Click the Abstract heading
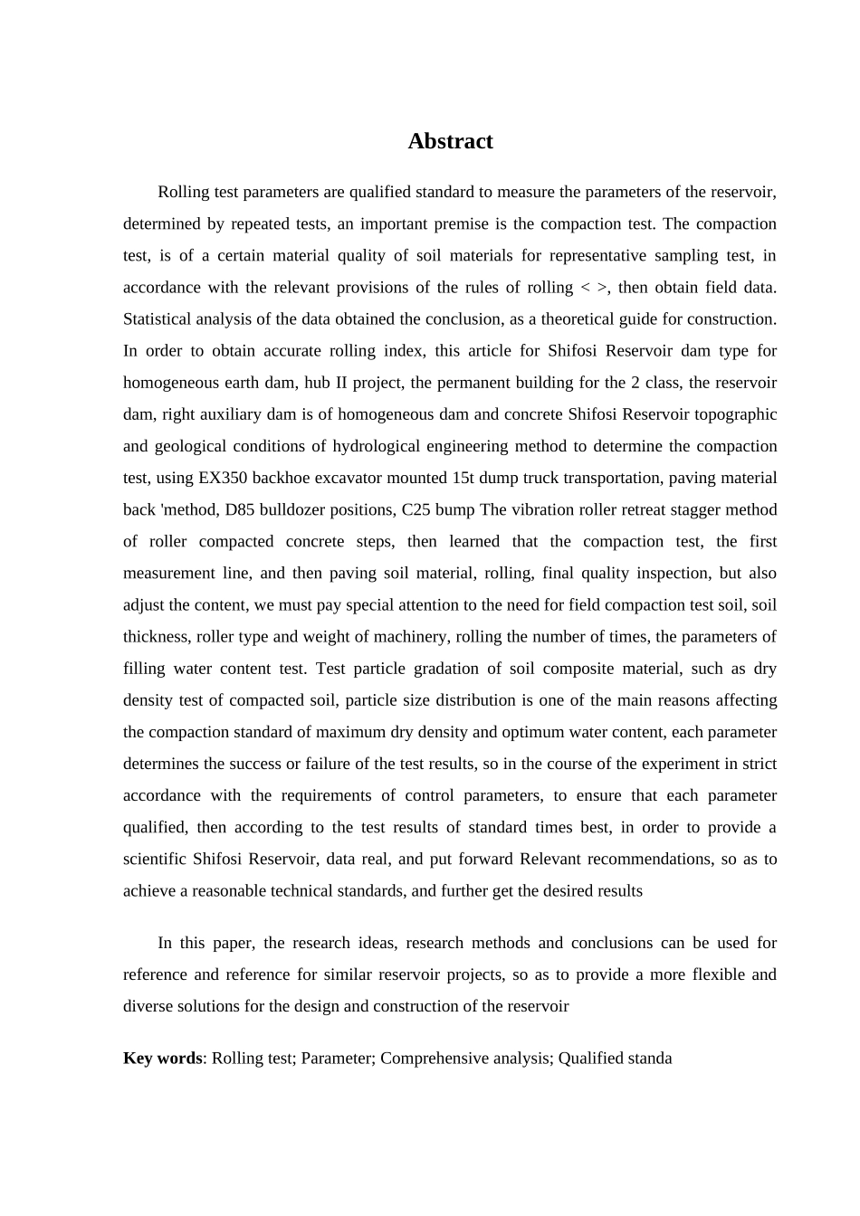click(x=450, y=141)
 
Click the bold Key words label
click(x=163, y=1058)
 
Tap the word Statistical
click(x=159, y=318)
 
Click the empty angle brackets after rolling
click(x=594, y=288)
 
